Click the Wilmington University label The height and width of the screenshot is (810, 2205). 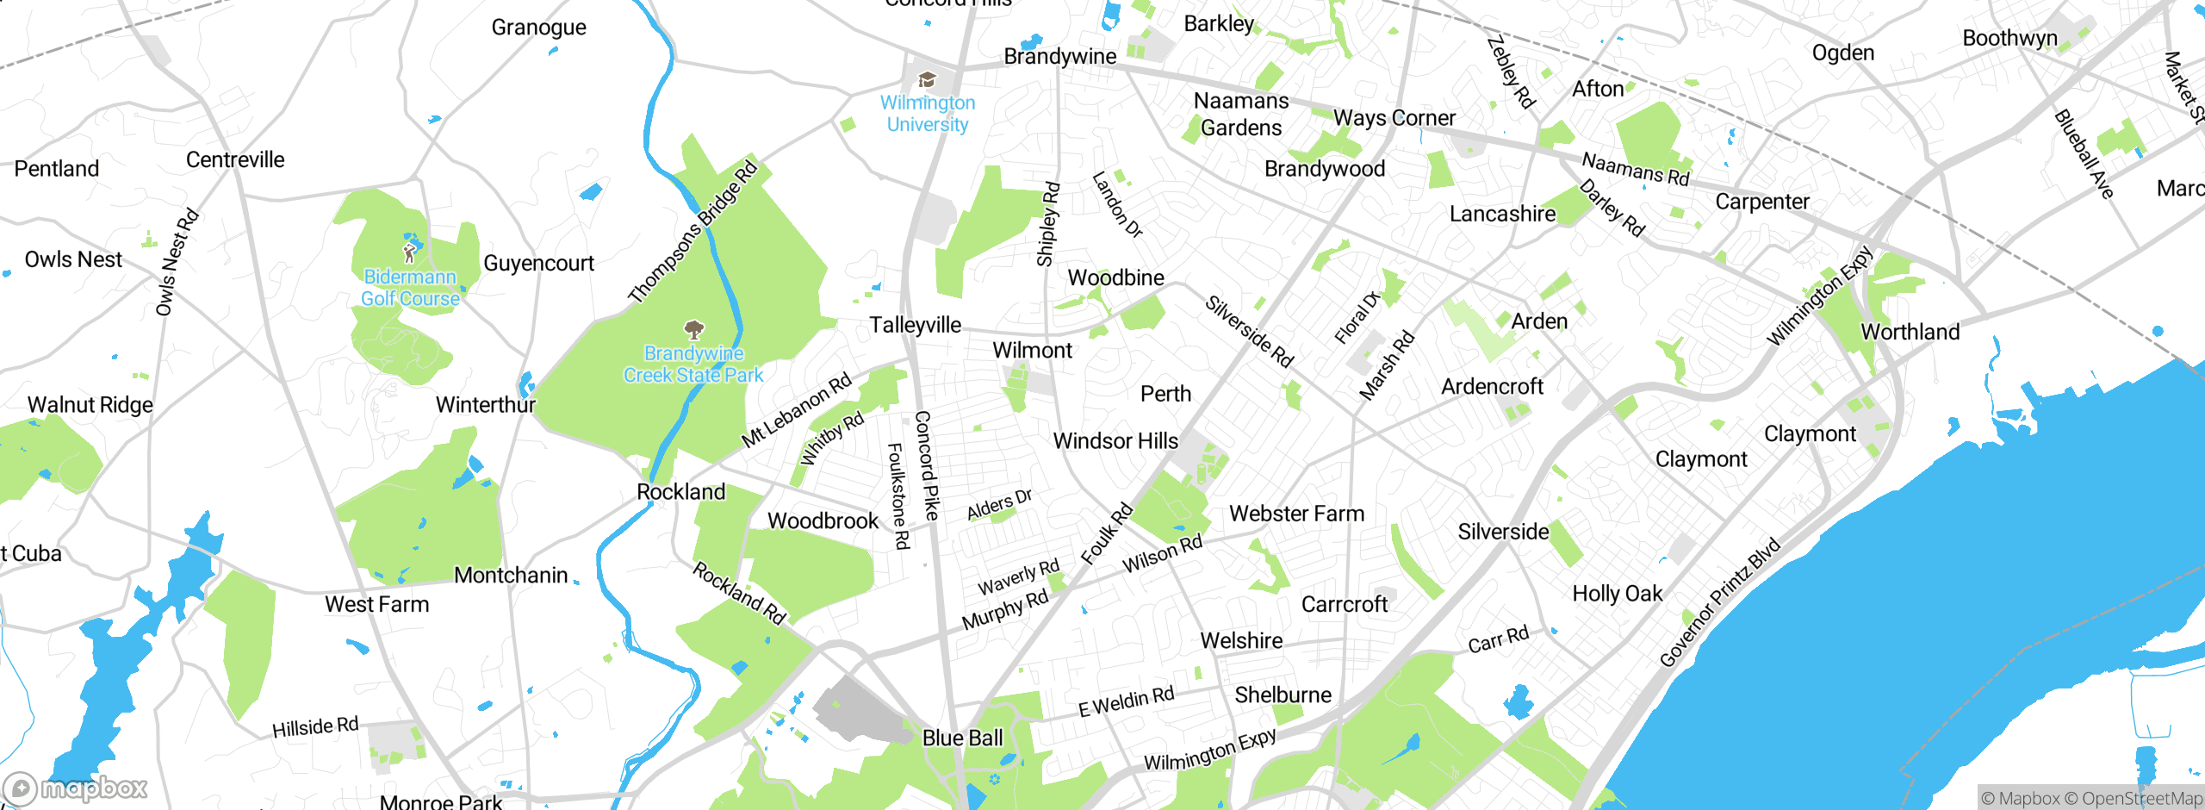928,114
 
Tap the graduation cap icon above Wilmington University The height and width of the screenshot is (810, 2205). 927,80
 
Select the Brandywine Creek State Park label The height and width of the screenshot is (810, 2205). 693,364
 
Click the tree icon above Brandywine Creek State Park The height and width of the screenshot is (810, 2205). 693,329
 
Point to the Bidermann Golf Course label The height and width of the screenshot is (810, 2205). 410,288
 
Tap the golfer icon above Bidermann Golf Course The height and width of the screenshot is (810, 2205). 410,252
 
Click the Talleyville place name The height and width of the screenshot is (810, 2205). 915,325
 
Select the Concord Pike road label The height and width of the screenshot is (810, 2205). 926,465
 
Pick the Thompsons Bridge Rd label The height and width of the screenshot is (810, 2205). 693,232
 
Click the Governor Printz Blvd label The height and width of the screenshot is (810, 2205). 1719,602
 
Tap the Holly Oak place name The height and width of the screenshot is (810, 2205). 1617,594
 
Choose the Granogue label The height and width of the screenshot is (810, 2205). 538,28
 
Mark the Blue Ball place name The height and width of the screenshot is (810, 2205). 962,738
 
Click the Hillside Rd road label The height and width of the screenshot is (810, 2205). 315,727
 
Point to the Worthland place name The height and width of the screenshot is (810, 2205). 1910,332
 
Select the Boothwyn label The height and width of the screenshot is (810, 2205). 2009,38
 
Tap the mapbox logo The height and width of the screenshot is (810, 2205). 76,788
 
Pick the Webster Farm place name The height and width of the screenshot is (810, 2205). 1296,514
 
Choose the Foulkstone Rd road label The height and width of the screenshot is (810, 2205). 898,496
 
